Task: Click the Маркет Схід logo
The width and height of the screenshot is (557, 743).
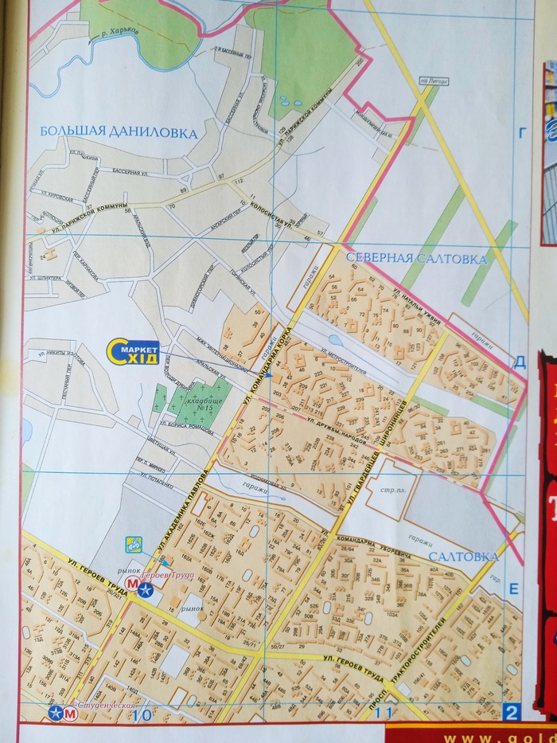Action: click(x=134, y=351)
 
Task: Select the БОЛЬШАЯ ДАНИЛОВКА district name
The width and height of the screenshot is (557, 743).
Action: click(x=117, y=133)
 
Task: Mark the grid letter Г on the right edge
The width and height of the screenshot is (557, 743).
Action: click(x=523, y=134)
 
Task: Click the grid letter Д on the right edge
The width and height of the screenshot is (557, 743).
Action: click(x=520, y=362)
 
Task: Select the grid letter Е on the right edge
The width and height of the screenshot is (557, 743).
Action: click(x=513, y=589)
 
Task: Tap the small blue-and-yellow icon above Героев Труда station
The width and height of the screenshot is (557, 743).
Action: click(x=134, y=546)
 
